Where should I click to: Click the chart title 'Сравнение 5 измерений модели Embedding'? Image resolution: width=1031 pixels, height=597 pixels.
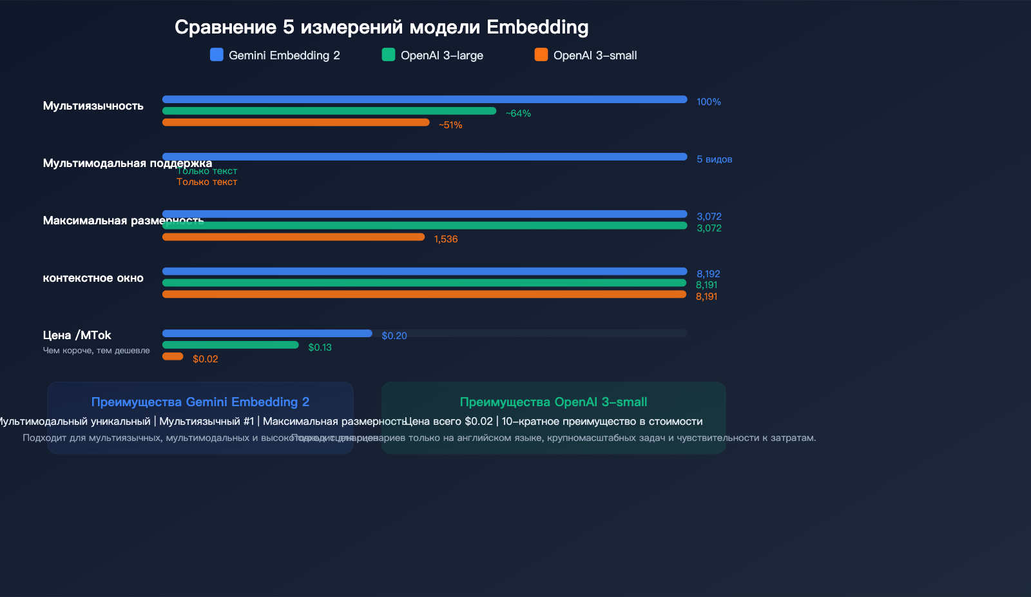(x=381, y=27)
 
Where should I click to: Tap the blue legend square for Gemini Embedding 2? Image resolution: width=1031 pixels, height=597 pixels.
(x=217, y=55)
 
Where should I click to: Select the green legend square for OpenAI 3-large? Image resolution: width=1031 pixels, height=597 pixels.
(x=388, y=55)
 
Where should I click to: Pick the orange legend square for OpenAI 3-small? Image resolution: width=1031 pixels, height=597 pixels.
(x=541, y=55)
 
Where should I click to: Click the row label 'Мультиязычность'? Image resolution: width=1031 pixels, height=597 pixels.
(x=93, y=106)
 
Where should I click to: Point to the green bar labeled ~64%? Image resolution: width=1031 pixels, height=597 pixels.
(x=329, y=111)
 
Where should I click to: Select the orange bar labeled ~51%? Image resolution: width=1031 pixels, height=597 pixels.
(x=296, y=122)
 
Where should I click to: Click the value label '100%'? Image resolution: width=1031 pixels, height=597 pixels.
(x=708, y=102)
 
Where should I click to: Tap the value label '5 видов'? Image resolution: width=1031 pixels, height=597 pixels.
(x=714, y=159)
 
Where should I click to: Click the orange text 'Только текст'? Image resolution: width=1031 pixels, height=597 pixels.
(x=207, y=182)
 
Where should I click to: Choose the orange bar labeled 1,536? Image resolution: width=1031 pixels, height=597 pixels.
(x=293, y=237)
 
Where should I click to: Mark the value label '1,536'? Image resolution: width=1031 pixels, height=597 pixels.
(x=445, y=239)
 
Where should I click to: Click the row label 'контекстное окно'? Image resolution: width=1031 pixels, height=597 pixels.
(x=93, y=278)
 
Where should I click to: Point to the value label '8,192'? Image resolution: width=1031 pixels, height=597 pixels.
(x=708, y=274)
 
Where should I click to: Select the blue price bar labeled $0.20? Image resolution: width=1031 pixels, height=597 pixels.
(x=267, y=333)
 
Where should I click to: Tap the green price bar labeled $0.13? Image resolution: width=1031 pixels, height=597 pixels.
(x=230, y=345)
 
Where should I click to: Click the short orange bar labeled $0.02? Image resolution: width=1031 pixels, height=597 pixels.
(x=173, y=357)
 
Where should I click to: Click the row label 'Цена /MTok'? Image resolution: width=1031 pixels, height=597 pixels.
(x=77, y=335)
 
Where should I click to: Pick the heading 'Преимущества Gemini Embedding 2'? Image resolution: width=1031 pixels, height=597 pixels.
(x=200, y=402)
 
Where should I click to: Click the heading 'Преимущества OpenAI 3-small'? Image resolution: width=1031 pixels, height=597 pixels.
(x=553, y=402)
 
